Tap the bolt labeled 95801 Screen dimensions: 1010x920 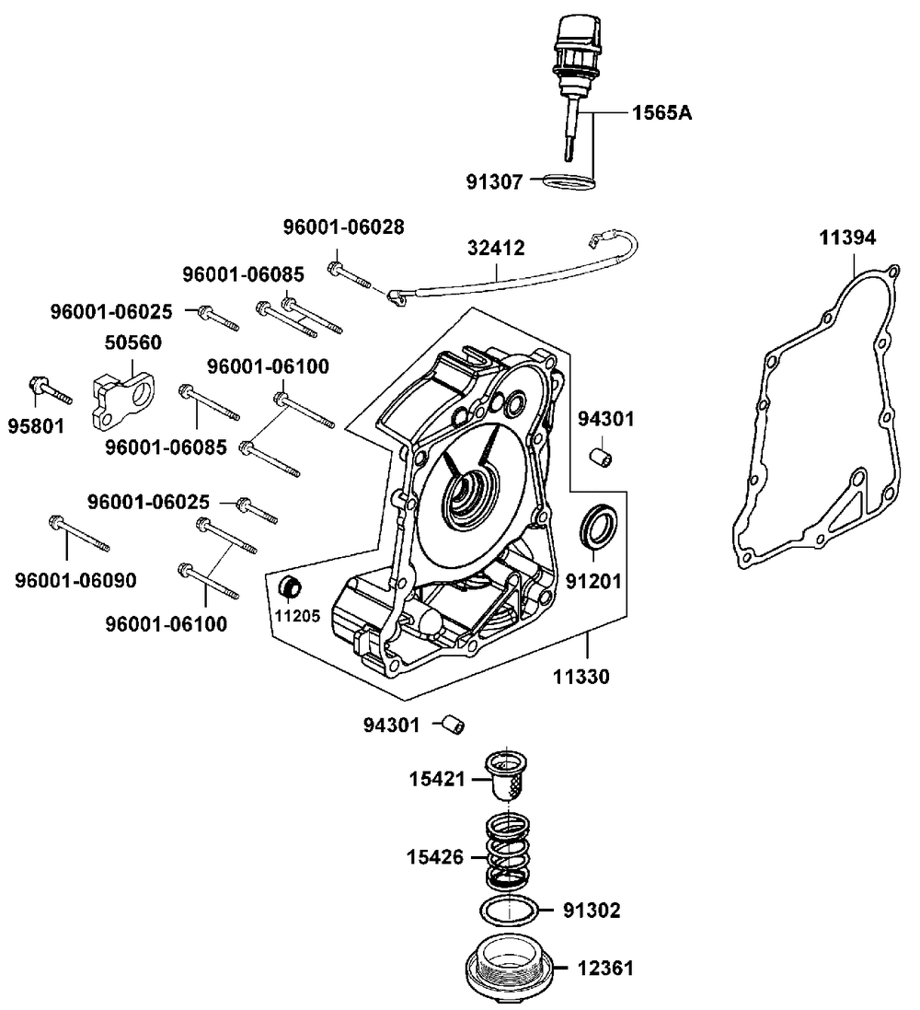coord(51,389)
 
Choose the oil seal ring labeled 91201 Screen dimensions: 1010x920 coord(599,528)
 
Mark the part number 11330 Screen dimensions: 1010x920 coord(581,676)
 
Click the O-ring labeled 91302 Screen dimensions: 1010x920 coord(509,911)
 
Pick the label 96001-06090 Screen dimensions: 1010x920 coord(75,580)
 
